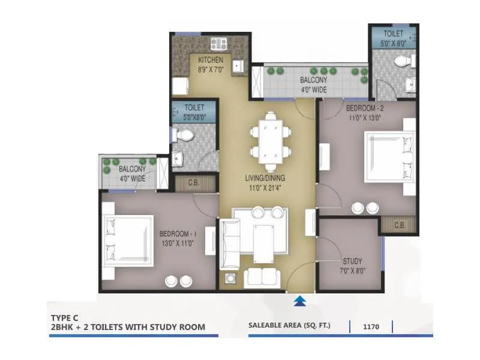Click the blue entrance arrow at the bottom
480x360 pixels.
coord(300,301)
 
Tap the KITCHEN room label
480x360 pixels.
coord(211,60)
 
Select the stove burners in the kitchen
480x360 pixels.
coord(218,43)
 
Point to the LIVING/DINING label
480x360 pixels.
coord(265,178)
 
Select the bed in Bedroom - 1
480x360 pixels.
coord(127,241)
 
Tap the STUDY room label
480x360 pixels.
coord(352,262)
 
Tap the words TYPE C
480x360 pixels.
coord(65,316)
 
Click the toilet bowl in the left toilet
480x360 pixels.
coord(185,136)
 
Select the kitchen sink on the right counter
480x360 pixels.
coord(239,65)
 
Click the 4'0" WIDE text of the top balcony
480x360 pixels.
coord(313,90)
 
